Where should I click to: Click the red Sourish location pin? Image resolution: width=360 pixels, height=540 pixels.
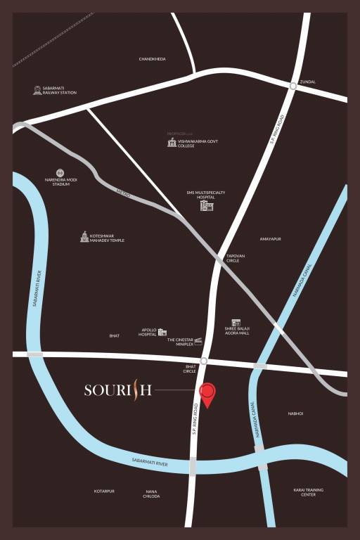click(207, 394)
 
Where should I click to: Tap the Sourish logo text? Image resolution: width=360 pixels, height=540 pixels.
click(117, 390)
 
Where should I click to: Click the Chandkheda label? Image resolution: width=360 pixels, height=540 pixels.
click(153, 59)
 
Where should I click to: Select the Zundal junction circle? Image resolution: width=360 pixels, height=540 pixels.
click(292, 86)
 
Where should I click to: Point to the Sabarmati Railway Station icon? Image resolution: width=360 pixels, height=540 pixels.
click(37, 90)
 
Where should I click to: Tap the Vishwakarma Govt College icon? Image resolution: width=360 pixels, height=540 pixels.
click(172, 143)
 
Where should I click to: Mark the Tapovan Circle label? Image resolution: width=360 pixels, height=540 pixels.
click(233, 258)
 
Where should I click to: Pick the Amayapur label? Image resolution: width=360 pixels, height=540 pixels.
click(270, 239)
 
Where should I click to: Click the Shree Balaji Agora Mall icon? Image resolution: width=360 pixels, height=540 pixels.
click(236, 323)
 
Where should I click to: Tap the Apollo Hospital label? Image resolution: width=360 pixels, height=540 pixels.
click(148, 332)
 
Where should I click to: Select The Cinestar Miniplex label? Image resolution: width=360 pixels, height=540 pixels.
click(180, 341)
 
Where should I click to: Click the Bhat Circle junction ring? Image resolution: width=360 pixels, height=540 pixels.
click(203, 361)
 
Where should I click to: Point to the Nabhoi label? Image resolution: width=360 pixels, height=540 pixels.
click(295, 413)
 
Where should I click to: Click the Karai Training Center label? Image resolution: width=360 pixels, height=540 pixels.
click(308, 492)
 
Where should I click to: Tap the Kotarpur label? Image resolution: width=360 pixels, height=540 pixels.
click(104, 491)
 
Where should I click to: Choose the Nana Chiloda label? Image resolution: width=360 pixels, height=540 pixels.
click(152, 494)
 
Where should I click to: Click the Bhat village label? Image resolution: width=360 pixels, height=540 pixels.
click(115, 336)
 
